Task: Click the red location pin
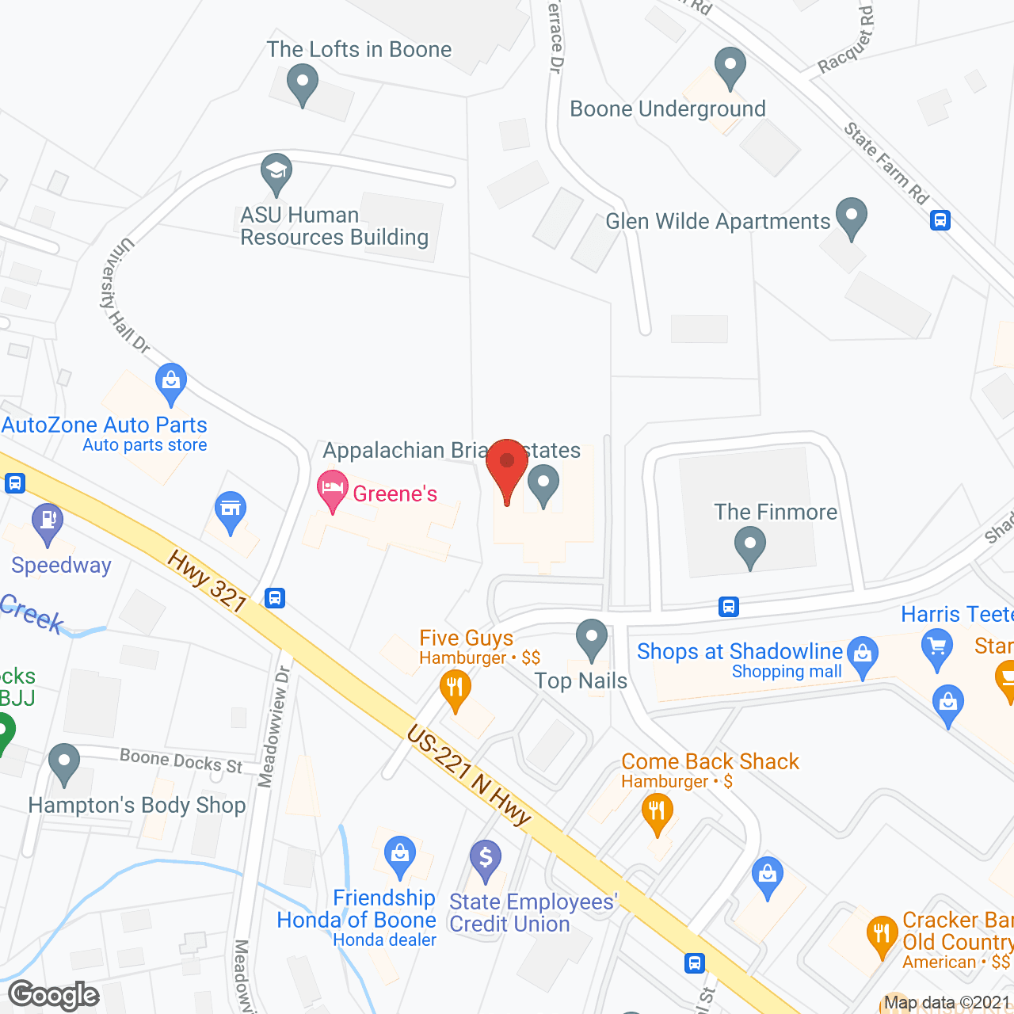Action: [x=507, y=467]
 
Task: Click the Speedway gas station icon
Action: [x=48, y=523]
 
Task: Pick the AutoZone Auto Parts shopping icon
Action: [x=171, y=383]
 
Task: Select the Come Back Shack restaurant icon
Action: [x=657, y=813]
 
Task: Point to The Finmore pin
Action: [x=749, y=547]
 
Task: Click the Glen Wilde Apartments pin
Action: [x=852, y=217]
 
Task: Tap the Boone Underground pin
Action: [x=730, y=67]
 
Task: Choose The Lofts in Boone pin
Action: [x=302, y=82]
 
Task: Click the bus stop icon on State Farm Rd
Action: [x=940, y=219]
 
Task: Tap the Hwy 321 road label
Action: [x=207, y=582]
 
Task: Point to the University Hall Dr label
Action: [x=124, y=295]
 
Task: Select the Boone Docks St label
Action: [x=181, y=761]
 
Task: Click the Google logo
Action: [x=54, y=995]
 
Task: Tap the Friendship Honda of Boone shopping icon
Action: [x=400, y=856]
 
